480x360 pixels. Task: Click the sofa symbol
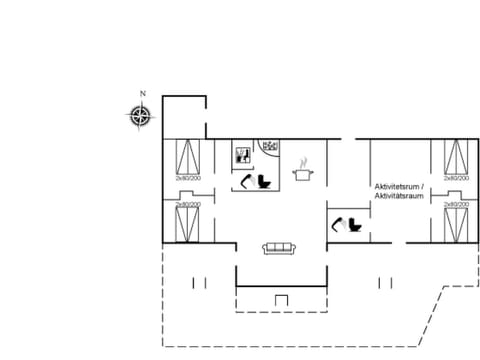pyautogui.click(x=277, y=248)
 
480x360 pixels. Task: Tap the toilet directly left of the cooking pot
pyautogui.click(x=265, y=181)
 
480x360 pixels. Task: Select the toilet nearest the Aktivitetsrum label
pyautogui.click(x=354, y=226)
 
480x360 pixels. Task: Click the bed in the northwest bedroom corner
pyautogui.click(x=187, y=158)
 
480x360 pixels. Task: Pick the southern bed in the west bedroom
pyautogui.click(x=187, y=223)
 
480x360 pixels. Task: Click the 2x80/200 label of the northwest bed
pyautogui.click(x=187, y=178)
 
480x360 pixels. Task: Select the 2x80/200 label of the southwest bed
pyautogui.click(x=187, y=204)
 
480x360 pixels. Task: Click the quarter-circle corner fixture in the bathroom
pyautogui.click(x=269, y=146)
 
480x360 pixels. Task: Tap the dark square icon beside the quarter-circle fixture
pyautogui.click(x=241, y=155)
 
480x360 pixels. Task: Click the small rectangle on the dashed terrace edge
pyautogui.click(x=281, y=300)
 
